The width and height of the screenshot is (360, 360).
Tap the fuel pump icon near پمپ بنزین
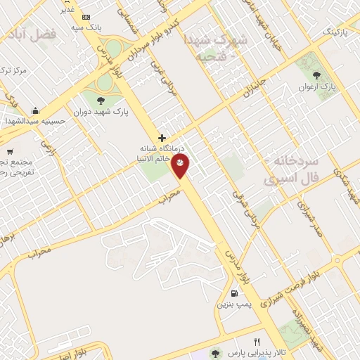pos(233,294)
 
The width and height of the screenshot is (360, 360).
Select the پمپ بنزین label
pos(233,305)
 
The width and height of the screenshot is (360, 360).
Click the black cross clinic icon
pos(162,138)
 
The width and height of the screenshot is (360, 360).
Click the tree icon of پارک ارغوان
pos(312,76)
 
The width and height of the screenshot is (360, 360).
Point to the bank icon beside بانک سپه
pos(86,16)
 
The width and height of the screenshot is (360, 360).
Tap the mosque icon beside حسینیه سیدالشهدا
pos(36,110)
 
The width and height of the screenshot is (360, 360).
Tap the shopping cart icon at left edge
pos(10,151)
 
